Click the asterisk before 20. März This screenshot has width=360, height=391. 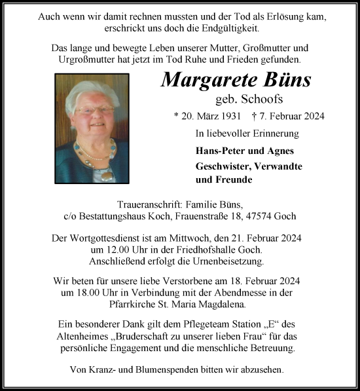[176, 117]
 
